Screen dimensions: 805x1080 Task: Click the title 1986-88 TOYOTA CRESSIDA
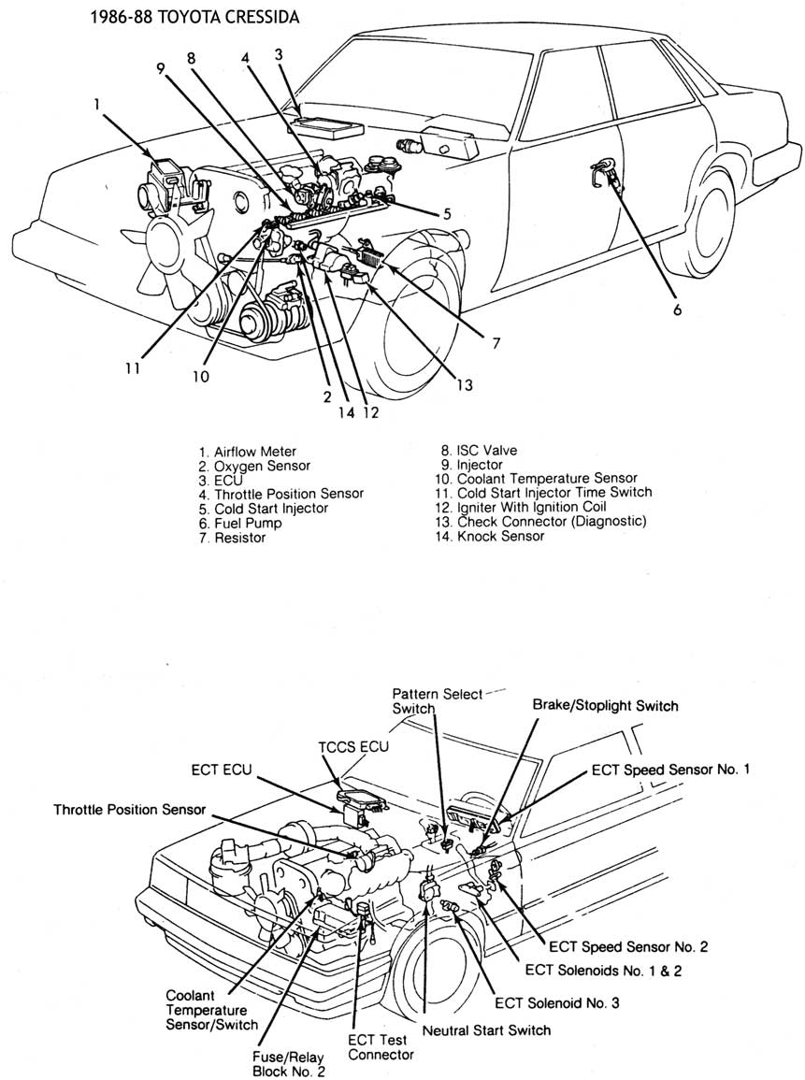coord(194,17)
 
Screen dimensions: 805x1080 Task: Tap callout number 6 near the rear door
coord(677,310)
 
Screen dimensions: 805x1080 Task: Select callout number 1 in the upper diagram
coord(97,104)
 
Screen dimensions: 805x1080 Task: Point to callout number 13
coord(465,384)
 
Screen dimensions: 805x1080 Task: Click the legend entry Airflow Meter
coord(248,452)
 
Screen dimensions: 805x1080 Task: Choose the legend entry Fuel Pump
coord(240,523)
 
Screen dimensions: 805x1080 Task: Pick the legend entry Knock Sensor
coord(490,536)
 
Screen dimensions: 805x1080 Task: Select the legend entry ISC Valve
coord(480,451)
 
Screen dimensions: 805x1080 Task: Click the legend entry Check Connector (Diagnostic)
coord(540,522)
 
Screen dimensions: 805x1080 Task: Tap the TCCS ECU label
coord(353,746)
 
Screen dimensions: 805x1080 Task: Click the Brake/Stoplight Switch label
coord(605,705)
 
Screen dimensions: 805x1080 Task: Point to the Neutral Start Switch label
coord(486,1030)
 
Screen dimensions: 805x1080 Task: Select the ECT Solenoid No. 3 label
coord(556,1002)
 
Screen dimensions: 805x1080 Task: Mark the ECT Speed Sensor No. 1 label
coord(670,770)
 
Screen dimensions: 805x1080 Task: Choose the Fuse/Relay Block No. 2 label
coord(288,1063)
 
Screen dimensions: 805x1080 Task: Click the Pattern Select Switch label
coord(438,701)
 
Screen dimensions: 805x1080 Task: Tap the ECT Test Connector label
coord(381,1047)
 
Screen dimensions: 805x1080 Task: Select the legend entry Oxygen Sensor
coord(255,467)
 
